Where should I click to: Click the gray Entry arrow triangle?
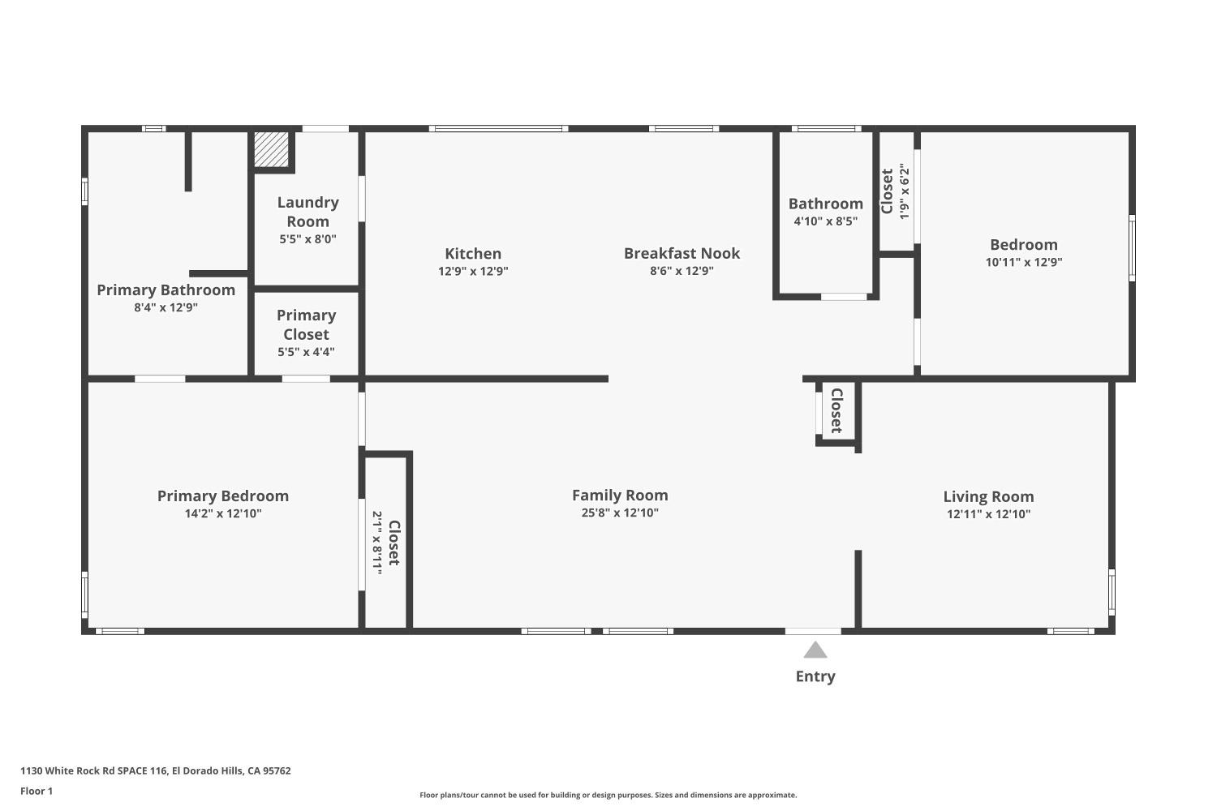815,650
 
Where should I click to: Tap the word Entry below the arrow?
815,676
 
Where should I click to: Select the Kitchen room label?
473,254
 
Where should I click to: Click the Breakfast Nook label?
682,253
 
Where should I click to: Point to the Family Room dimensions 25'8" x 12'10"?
620,513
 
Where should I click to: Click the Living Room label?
988,496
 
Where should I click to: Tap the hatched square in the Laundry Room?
271,149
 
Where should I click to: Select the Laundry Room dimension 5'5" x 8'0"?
307,239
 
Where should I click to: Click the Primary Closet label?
306,324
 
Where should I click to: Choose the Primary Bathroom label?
166,290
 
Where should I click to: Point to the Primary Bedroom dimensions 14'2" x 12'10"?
223,513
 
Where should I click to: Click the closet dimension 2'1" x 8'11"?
377,543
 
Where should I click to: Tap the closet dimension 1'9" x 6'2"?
905,191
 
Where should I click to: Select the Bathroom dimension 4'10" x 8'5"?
825,221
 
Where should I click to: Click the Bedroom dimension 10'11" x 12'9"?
1023,262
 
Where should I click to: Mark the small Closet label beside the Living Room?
836,410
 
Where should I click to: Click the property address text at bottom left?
155,770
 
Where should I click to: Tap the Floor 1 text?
37,791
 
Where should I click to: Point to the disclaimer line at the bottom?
608,795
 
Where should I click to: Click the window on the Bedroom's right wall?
1132,248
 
